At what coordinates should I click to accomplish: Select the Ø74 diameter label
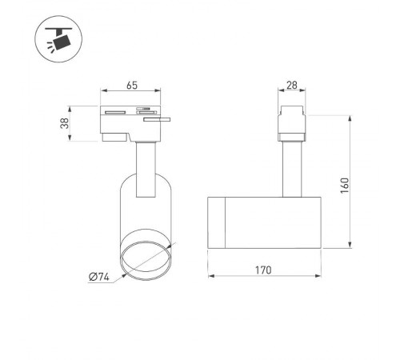99,277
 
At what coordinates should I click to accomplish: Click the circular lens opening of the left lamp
145,258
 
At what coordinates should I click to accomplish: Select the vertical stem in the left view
146,168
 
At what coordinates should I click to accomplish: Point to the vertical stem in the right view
291,169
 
